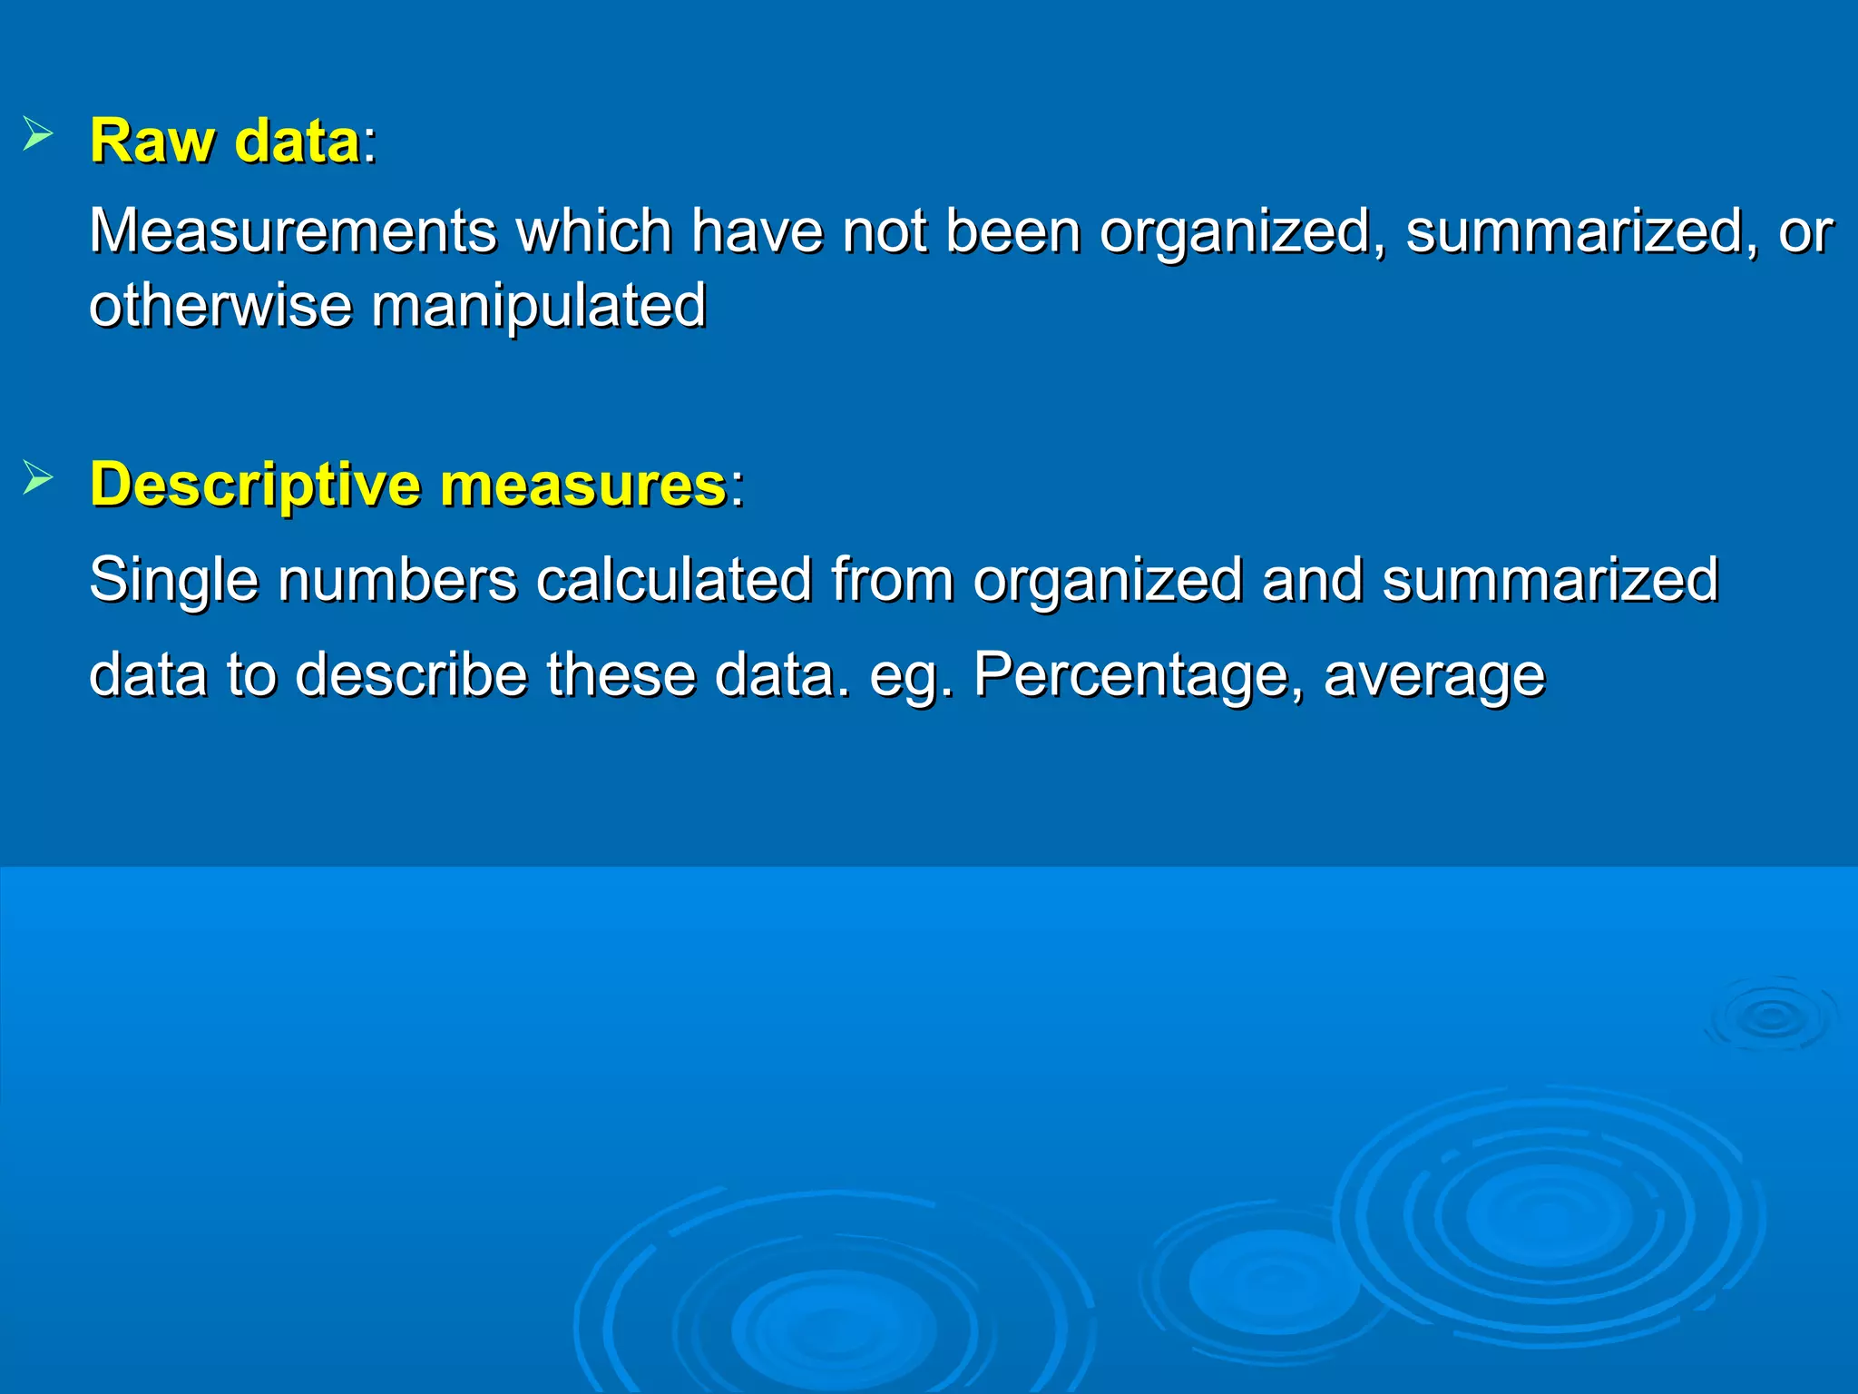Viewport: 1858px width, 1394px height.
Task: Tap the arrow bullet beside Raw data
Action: click(x=38, y=134)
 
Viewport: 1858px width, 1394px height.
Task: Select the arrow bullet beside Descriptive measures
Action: click(x=38, y=477)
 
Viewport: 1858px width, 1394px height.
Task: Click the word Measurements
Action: click(x=292, y=231)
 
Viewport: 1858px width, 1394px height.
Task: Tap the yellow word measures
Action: click(x=582, y=486)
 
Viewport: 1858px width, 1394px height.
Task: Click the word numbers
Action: click(x=397, y=581)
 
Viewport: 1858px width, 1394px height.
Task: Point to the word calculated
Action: click(x=673, y=581)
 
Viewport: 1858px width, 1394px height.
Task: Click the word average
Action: click(x=1434, y=676)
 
